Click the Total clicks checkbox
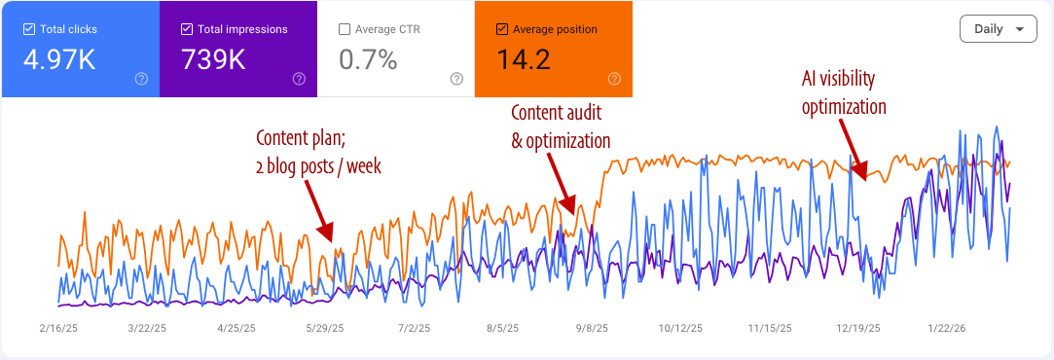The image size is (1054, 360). (28, 29)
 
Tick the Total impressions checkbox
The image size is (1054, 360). (187, 29)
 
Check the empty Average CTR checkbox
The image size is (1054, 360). (345, 29)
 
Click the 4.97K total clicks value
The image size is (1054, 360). (59, 60)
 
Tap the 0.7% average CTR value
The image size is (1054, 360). (368, 60)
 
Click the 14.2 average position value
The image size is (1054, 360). (524, 60)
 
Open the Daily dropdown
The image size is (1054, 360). (998, 29)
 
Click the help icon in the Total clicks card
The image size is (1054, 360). (141, 79)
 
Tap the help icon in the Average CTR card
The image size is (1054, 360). (456, 79)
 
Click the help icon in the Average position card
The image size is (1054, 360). (614, 79)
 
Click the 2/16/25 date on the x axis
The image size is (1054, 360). (58, 329)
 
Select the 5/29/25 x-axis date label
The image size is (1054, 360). (324, 329)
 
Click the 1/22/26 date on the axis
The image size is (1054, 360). (946, 329)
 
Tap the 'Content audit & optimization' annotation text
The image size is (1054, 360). (561, 127)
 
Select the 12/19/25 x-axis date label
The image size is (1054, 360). (858, 329)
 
